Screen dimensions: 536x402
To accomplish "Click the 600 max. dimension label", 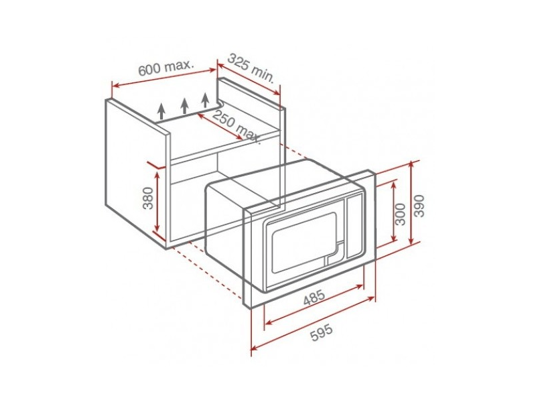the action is tap(166, 67).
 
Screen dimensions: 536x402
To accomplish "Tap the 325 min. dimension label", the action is tap(251, 68).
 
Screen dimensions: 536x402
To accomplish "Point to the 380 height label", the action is tap(148, 198).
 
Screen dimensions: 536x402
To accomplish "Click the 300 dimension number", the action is tap(400, 214).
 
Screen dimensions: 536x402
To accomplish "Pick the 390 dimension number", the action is tap(419, 206).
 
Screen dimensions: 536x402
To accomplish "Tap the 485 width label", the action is tap(314, 297).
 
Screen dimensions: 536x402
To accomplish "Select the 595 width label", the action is tap(322, 332).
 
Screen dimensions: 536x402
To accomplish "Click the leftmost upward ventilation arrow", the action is tap(161, 111).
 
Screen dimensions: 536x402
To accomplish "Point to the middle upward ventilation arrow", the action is tap(185, 106).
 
